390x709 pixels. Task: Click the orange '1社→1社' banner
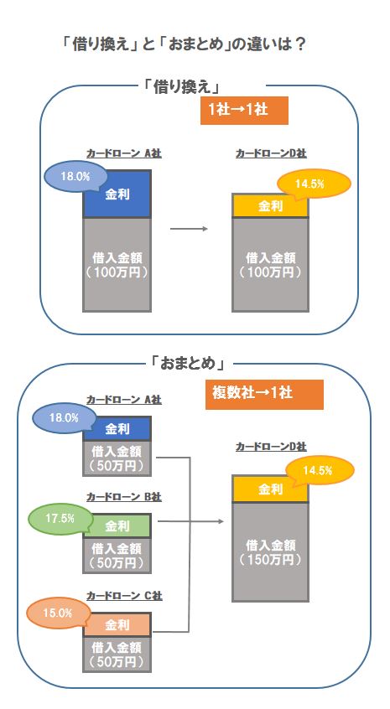tap(244, 111)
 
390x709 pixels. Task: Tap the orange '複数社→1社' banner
tap(264, 394)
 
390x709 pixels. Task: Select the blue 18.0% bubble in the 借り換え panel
tap(75, 177)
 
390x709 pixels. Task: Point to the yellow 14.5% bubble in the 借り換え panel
tap(314, 184)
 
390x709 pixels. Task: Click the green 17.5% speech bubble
tap(60, 519)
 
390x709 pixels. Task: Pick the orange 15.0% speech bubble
tap(58, 613)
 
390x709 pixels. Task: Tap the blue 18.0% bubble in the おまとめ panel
tap(64, 417)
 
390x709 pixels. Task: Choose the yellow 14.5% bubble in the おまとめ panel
tap(319, 471)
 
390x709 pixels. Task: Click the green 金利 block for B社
tap(117, 525)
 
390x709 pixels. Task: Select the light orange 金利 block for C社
tap(117, 625)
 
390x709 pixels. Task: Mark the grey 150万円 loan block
tap(271, 552)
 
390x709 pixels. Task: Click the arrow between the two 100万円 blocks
tap(189, 229)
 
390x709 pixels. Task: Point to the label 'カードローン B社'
tap(124, 497)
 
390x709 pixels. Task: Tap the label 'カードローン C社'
tap(124, 596)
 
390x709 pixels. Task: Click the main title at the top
tap(185, 44)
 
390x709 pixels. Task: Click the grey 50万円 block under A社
tap(117, 458)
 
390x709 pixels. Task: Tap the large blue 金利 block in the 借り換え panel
tap(117, 194)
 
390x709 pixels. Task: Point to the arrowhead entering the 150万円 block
tap(221, 521)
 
